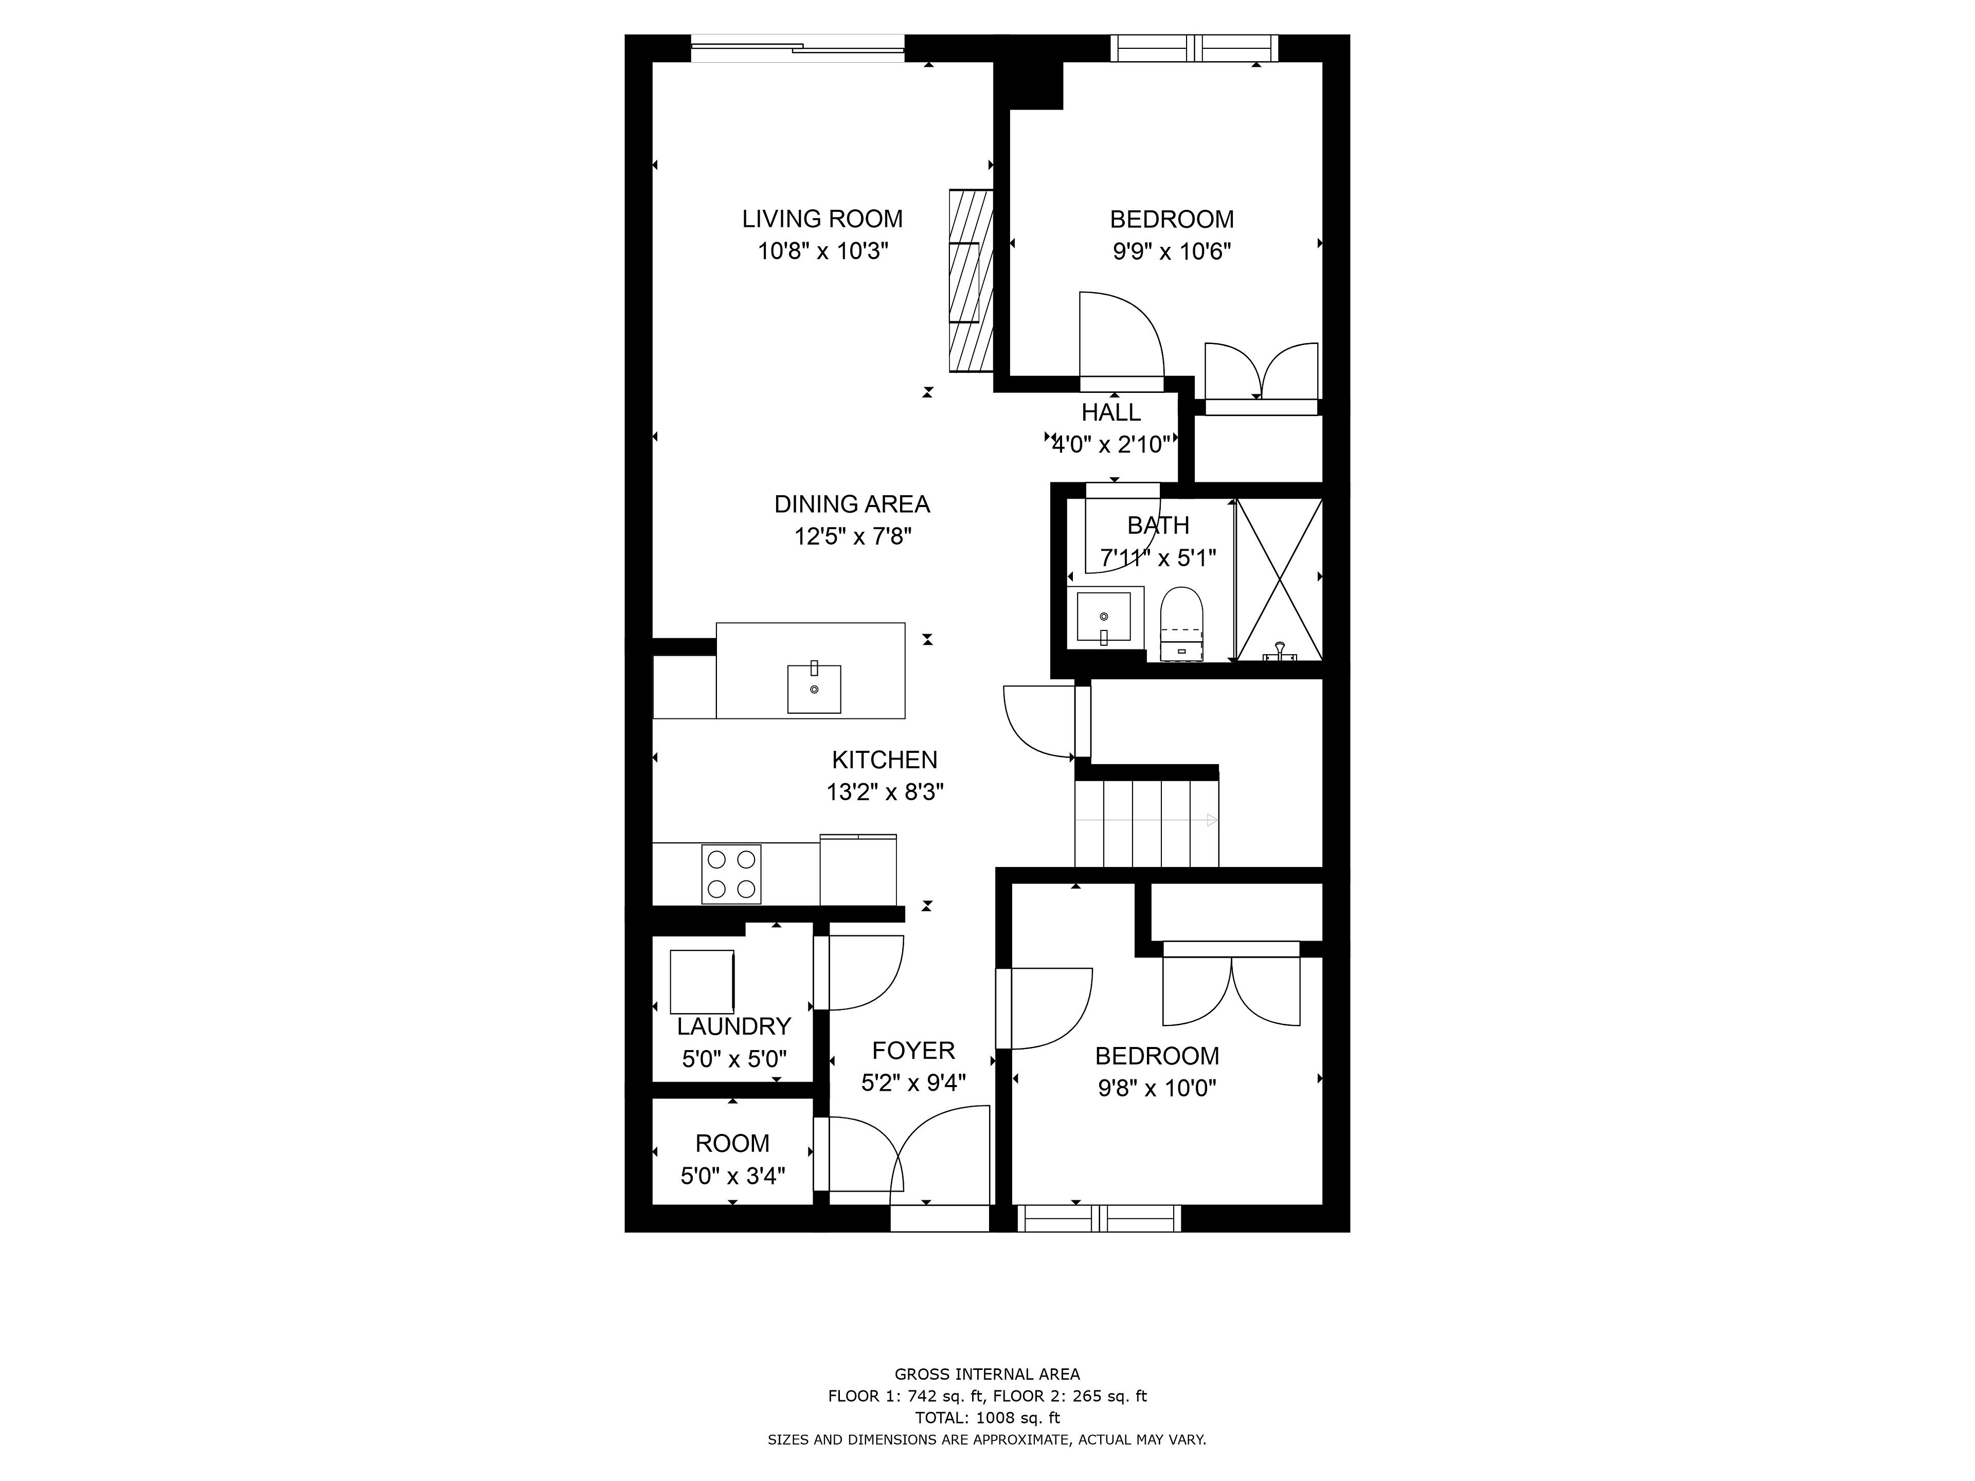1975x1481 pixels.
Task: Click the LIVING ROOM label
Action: click(822, 219)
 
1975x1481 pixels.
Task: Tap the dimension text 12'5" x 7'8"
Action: click(853, 536)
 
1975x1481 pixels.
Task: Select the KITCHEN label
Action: click(885, 760)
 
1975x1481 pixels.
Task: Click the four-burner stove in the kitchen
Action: click(731, 874)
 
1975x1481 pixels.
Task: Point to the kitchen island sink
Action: click(813, 688)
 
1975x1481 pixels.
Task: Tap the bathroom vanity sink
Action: click(1104, 616)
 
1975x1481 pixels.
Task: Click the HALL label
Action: click(1111, 412)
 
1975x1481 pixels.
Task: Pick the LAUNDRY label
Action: click(734, 1026)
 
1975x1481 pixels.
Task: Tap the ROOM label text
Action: click(732, 1144)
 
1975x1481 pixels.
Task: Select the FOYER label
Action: click(913, 1051)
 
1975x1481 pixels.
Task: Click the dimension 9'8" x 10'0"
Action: click(1157, 1088)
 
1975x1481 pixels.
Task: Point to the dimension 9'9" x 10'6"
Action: click(1172, 252)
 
